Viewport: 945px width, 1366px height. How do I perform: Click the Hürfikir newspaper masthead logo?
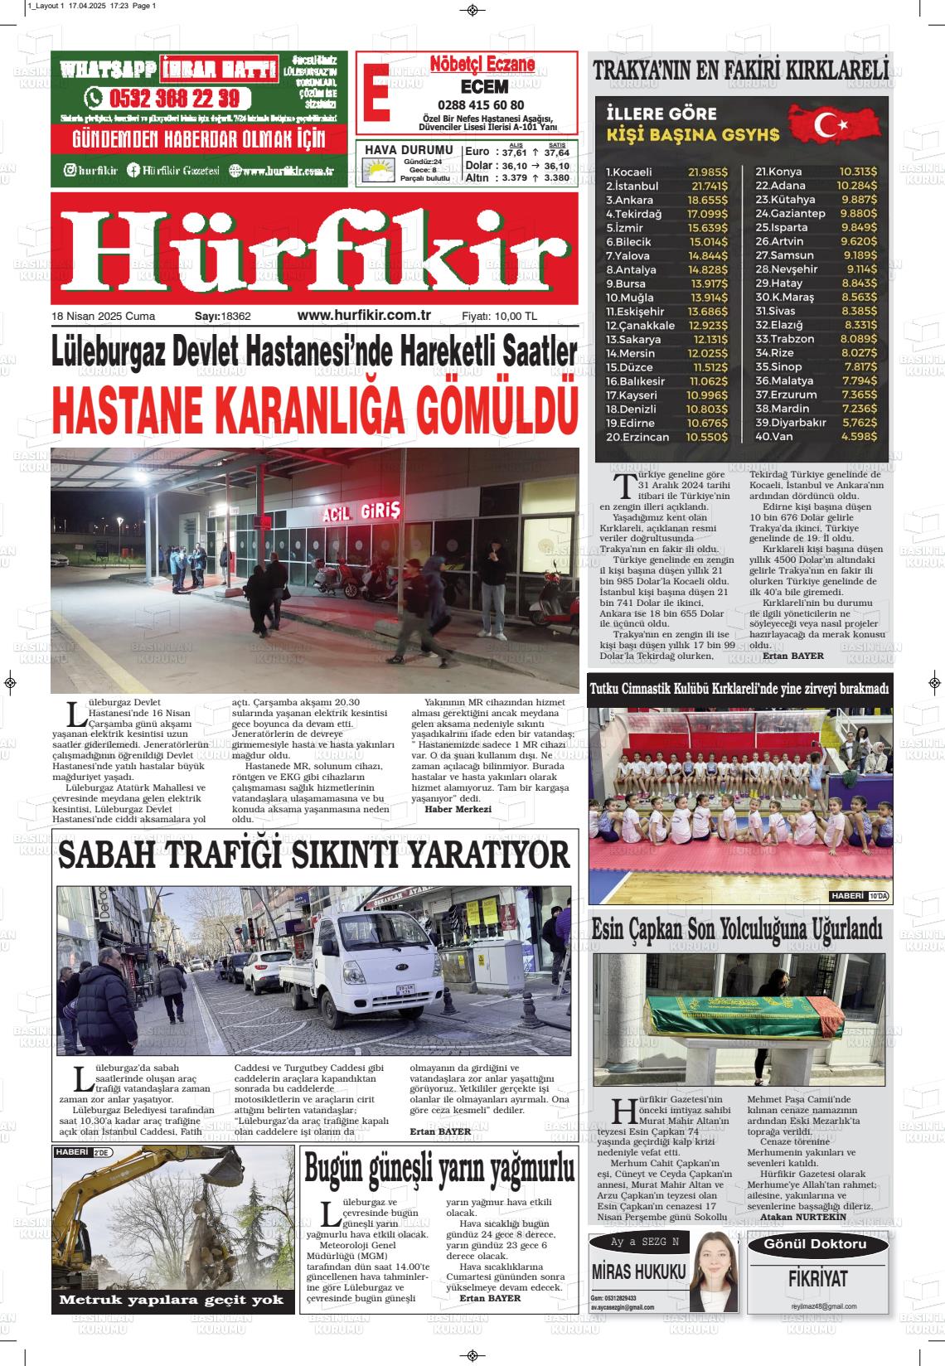point(314,249)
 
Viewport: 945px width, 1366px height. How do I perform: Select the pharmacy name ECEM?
point(484,87)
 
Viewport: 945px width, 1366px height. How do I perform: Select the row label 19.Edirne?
point(630,423)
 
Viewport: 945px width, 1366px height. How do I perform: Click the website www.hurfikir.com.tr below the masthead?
point(364,315)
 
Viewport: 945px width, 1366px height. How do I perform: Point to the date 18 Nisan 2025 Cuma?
point(103,316)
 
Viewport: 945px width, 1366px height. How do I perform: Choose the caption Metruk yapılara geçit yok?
point(172,1300)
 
